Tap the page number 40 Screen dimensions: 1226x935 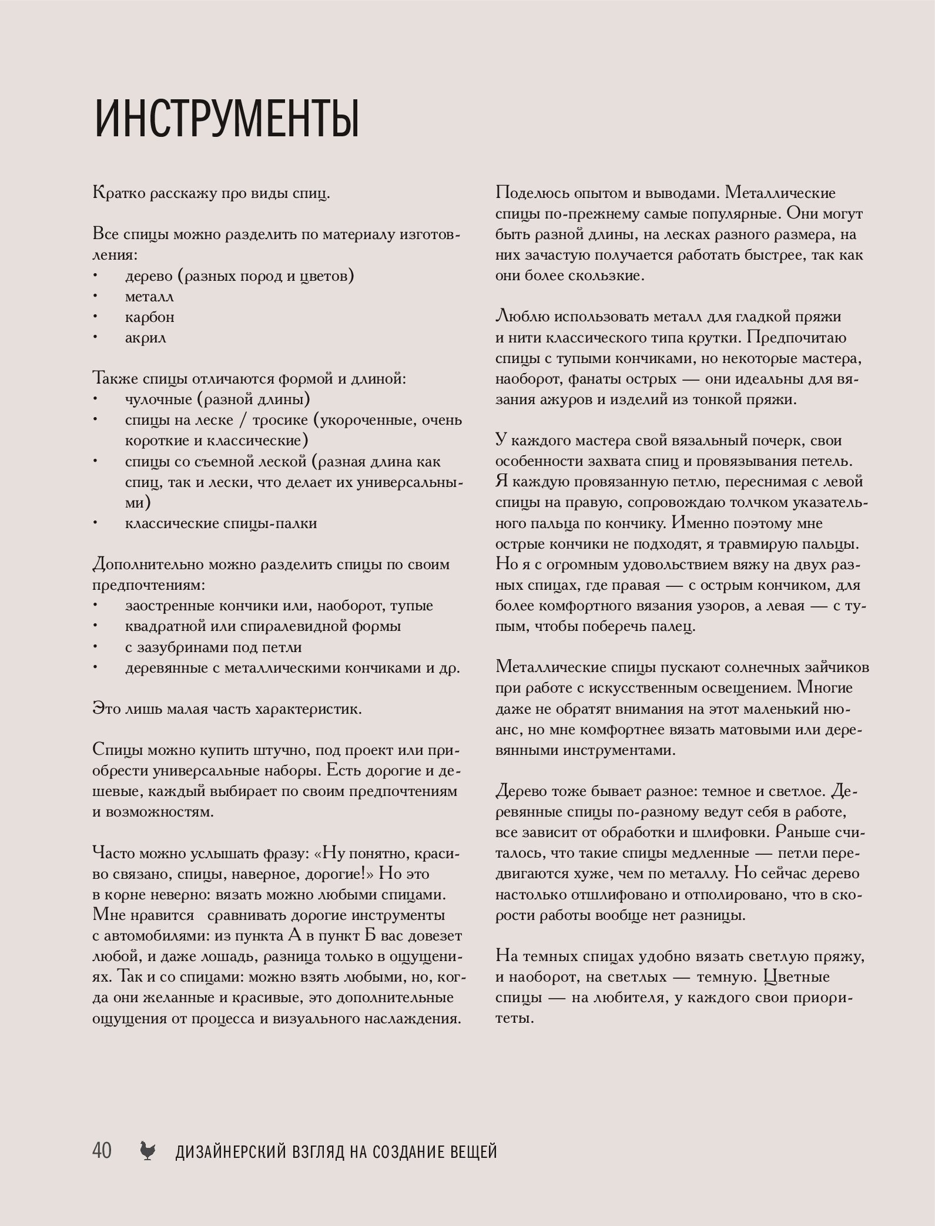point(102,1150)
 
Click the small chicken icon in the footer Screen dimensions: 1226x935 point(148,1151)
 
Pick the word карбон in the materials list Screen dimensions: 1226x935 point(149,317)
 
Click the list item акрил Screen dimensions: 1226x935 point(145,338)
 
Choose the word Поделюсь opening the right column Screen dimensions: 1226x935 point(531,193)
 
